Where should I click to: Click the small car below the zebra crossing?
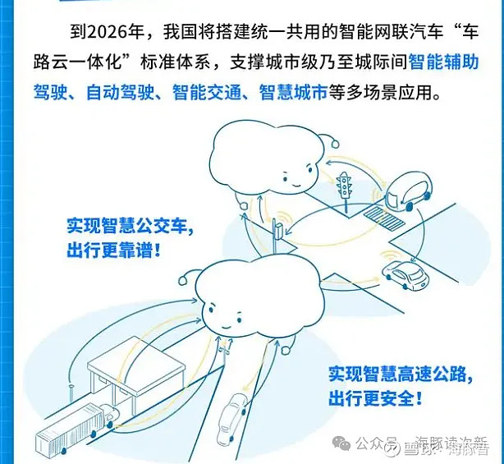click(x=405, y=274)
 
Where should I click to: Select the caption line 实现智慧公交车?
click(x=131, y=226)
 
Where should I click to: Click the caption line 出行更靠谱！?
click(x=114, y=250)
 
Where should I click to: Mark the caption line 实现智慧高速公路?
click(x=400, y=375)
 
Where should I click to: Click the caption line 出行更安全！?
click(x=377, y=400)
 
